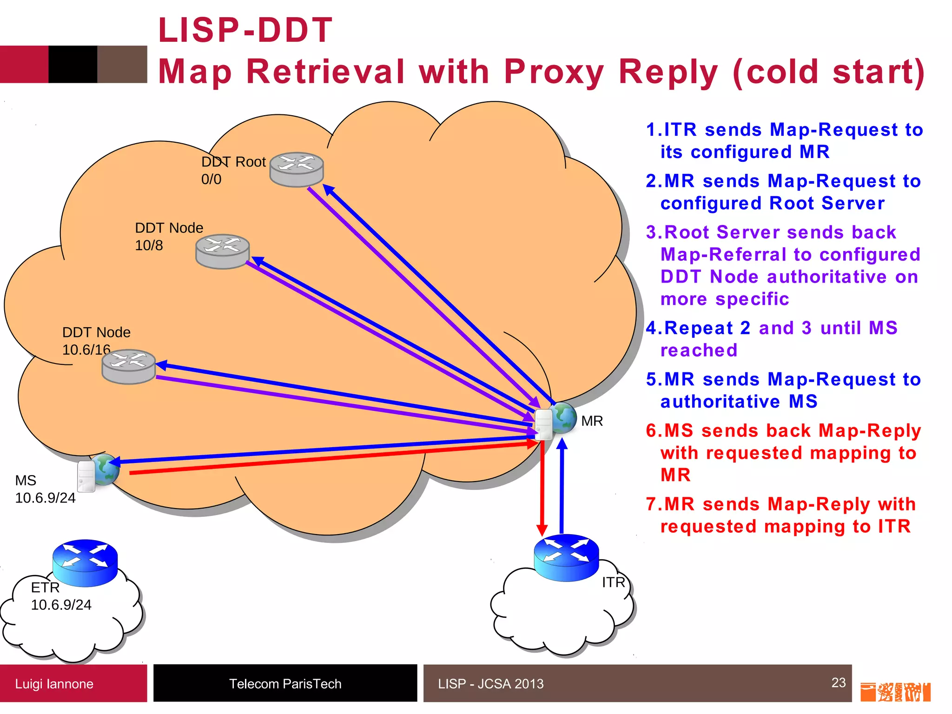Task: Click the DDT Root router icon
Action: [297, 170]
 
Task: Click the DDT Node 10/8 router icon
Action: [223, 251]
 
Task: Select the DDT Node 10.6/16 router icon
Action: [129, 366]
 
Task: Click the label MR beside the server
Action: [592, 421]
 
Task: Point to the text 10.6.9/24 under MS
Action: [45, 498]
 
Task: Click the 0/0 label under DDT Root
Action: [211, 179]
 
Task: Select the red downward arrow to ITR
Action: [542, 488]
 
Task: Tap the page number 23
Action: [838, 682]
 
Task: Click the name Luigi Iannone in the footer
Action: [54, 684]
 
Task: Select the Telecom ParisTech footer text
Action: [285, 684]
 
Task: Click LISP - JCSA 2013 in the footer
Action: [490, 684]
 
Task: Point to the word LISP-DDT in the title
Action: [245, 30]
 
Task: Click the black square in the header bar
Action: [73, 64]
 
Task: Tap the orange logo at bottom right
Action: [895, 692]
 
